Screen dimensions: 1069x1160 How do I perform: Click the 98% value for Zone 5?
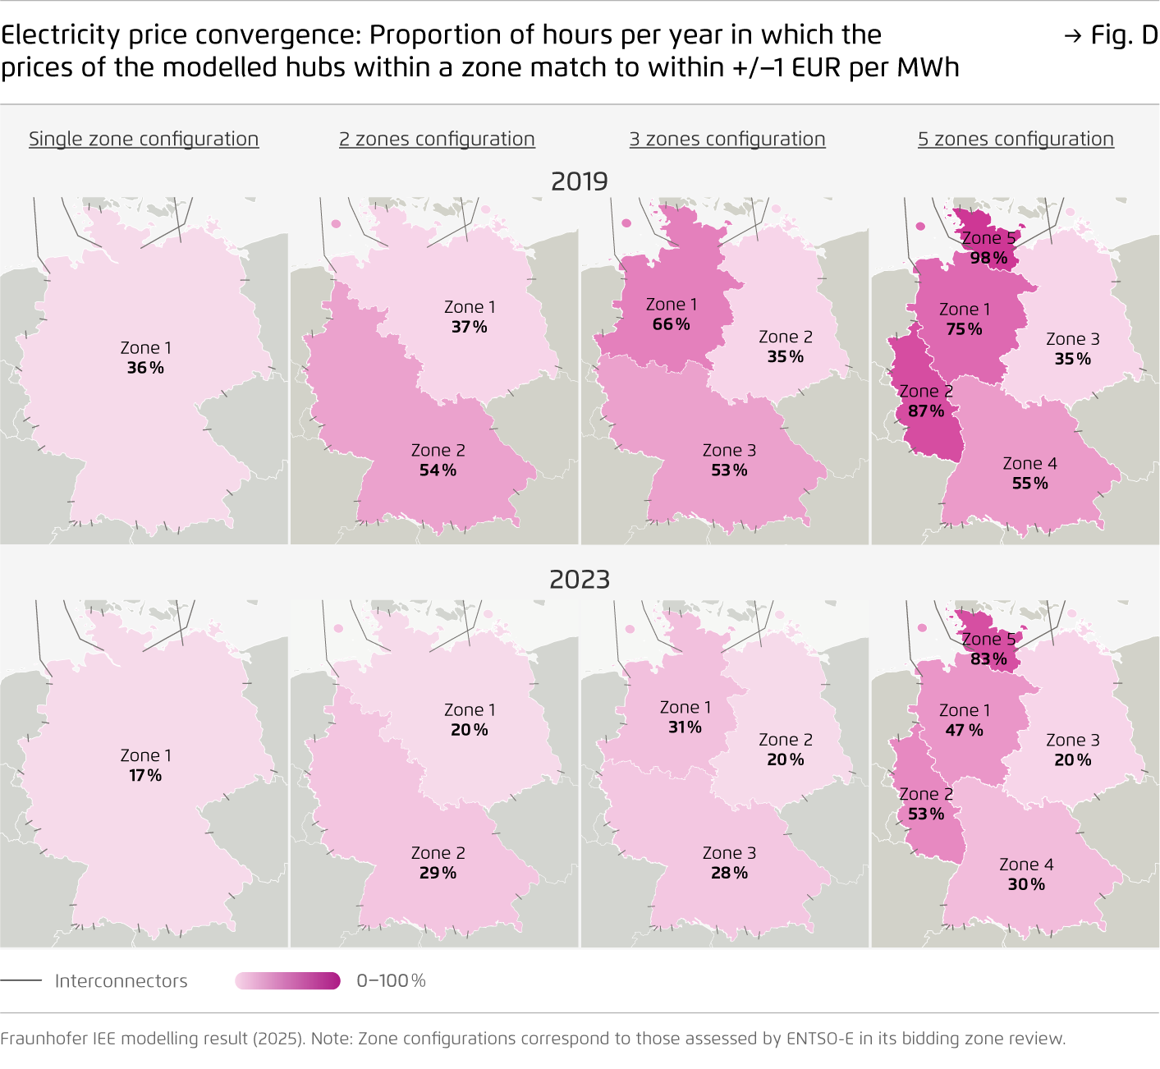[988, 258]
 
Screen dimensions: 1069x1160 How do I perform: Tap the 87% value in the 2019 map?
[926, 411]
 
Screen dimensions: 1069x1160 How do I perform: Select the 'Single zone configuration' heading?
[144, 139]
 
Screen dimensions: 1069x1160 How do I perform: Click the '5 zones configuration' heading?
[1016, 139]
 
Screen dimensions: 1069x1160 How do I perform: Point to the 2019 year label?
[580, 181]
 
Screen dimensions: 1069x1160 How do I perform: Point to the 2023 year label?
[580, 580]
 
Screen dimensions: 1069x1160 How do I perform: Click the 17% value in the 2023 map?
[145, 775]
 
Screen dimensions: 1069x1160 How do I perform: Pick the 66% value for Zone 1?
[671, 324]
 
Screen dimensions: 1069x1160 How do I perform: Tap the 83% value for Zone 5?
[988, 658]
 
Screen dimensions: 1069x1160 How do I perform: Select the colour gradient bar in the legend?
[287, 980]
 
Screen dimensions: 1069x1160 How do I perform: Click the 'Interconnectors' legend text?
[121, 980]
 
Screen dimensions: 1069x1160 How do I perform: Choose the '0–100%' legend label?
[391, 980]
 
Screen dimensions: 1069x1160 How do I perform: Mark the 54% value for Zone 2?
[438, 470]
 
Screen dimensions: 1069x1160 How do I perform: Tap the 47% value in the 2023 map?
[964, 730]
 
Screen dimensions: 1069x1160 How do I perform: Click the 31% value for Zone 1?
[685, 727]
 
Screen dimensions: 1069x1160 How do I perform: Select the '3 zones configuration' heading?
[727, 139]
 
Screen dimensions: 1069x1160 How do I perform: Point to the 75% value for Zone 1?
[964, 329]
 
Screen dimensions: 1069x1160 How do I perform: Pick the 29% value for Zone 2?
[438, 873]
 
